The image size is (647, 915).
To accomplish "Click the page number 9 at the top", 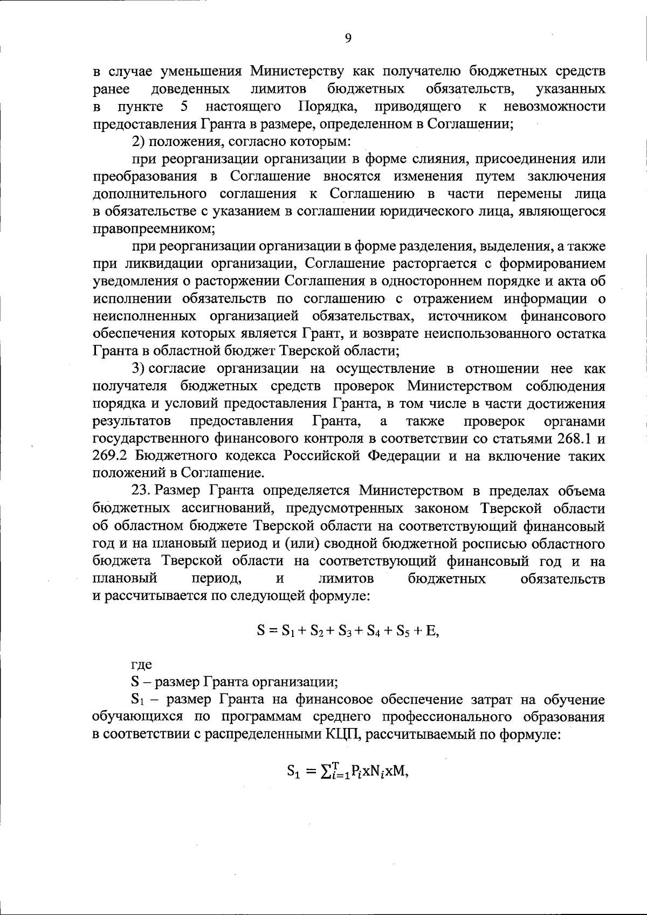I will (x=348, y=38).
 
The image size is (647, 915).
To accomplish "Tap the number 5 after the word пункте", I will (x=184, y=106).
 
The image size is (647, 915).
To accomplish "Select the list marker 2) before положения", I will (x=139, y=142).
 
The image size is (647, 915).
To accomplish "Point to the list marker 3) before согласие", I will (x=139, y=369).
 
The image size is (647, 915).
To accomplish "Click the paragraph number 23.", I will (x=142, y=491).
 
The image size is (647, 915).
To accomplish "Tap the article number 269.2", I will (x=110, y=456).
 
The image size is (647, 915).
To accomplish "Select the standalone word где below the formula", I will (x=142, y=665).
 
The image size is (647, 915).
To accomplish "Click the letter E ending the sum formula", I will (x=430, y=630).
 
